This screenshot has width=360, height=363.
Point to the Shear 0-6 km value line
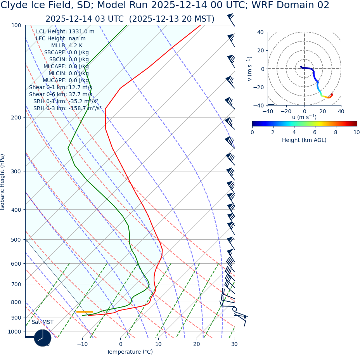[61, 94]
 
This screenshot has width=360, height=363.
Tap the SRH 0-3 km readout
[67, 108]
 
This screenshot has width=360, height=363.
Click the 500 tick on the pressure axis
[16, 240]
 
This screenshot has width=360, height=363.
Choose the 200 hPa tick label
[16, 117]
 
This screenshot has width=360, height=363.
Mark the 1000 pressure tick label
[14, 332]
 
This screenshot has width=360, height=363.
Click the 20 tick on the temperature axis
[197, 344]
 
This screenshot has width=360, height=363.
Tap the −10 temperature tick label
[82, 344]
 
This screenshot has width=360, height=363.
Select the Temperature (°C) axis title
[130, 352]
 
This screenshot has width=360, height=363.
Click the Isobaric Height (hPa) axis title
[3, 182]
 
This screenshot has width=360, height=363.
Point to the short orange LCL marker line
[84, 311]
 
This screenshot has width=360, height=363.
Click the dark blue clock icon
[43, 338]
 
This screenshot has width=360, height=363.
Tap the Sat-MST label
[42, 322]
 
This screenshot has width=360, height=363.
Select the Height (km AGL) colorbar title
[304, 140]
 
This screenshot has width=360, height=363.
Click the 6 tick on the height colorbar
[315, 132]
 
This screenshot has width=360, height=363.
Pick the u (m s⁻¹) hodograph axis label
[304, 117]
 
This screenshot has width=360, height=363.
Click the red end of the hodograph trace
[332, 94]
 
